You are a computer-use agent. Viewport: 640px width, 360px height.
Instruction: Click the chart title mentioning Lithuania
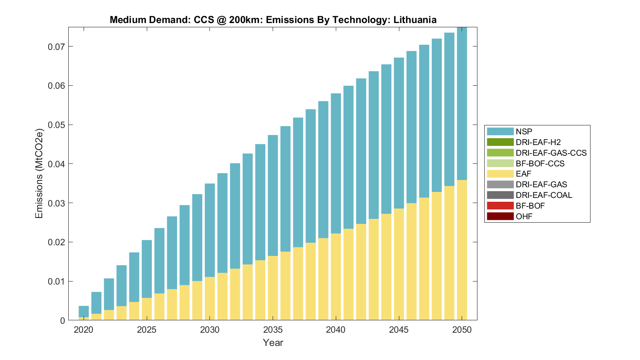point(273,20)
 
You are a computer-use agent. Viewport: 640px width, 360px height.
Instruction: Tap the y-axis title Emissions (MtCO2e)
point(39,173)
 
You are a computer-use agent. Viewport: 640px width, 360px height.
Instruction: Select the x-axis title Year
point(273,343)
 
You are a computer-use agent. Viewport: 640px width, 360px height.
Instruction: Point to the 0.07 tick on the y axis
point(56,46)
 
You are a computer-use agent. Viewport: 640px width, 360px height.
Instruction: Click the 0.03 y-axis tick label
point(56,203)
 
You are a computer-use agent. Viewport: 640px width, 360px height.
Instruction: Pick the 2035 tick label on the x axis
point(273,330)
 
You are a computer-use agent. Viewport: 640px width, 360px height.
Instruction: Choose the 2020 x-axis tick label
point(84,330)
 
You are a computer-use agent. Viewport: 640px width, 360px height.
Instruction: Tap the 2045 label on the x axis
point(399,330)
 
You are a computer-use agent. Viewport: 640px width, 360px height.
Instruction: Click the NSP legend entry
point(524,131)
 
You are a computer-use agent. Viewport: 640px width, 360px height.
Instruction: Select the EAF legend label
point(524,174)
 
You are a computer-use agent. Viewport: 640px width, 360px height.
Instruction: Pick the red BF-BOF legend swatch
point(500,206)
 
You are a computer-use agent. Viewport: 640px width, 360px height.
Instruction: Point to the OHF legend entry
point(524,216)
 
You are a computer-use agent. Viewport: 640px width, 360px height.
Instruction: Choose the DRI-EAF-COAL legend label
point(544,195)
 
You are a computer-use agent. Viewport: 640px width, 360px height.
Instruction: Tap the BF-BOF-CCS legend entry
point(540,163)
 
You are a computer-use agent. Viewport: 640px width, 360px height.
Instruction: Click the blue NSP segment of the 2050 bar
point(462,102)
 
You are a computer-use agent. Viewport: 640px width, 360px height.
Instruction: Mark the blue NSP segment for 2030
point(210,230)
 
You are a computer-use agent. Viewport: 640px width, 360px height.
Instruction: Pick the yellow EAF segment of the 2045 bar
point(399,264)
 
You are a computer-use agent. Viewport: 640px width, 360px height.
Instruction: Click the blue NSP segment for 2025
point(147,269)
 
